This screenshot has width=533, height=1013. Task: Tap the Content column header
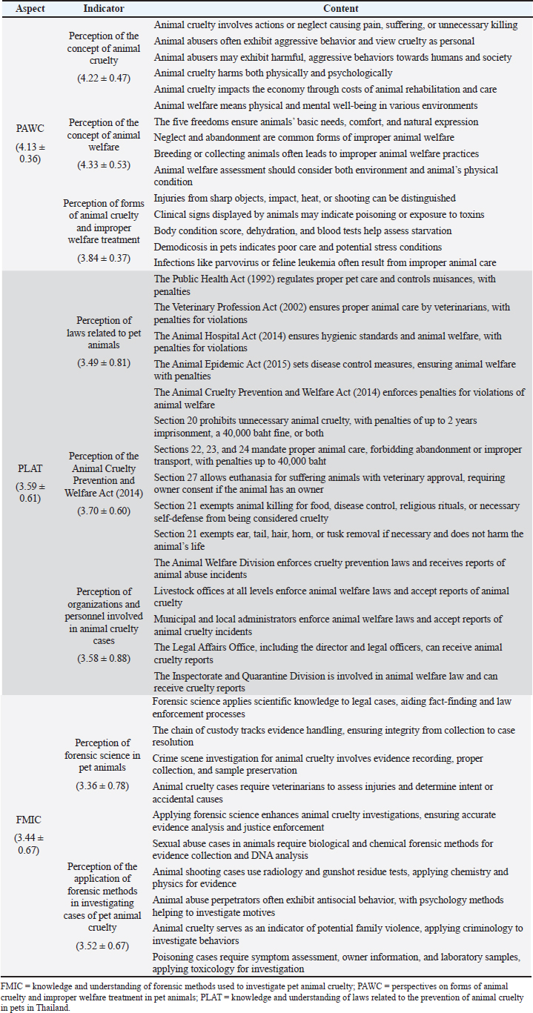point(340,9)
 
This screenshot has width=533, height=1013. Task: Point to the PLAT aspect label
point(30,468)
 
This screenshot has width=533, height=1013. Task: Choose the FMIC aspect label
point(30,820)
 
